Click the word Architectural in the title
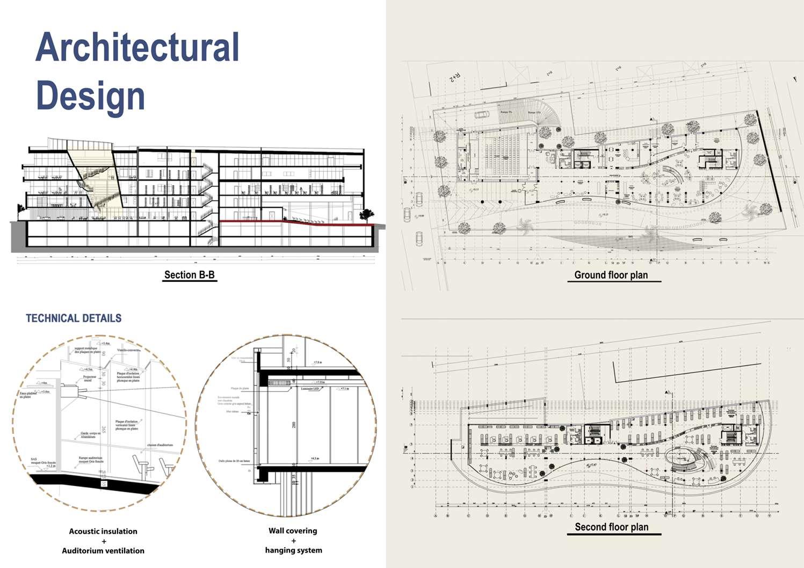tap(137, 47)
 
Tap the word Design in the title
tap(90, 96)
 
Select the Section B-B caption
tap(189, 275)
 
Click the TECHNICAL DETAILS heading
tap(74, 318)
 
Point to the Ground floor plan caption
tap(611, 275)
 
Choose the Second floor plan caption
tap(611, 527)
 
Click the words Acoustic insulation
tap(103, 531)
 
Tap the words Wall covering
tap(293, 531)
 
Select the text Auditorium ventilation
tap(103, 551)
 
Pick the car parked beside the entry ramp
tap(481, 114)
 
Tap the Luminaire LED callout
tap(310, 388)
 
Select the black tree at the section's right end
tap(366, 214)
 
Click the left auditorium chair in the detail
tap(141, 465)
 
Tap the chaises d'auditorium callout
tap(160, 445)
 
